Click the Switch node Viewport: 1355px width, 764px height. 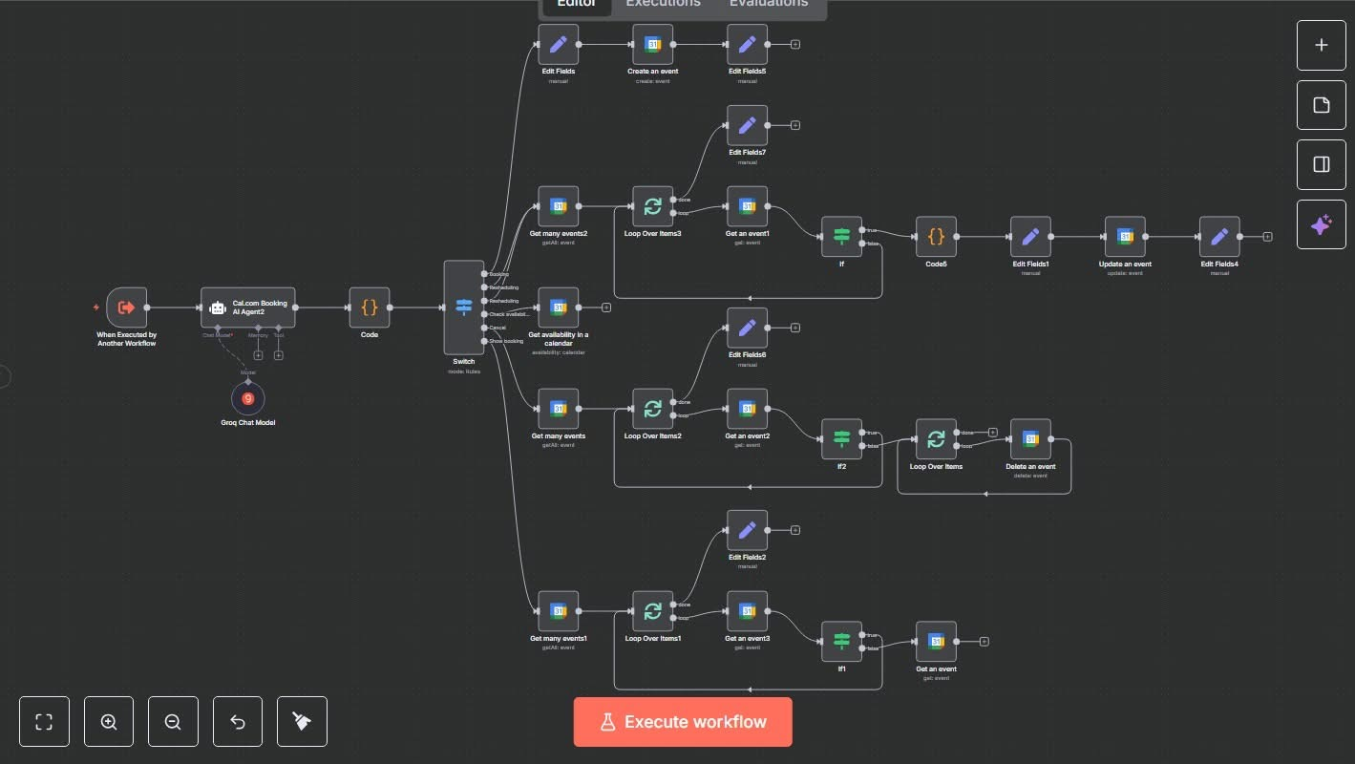464,308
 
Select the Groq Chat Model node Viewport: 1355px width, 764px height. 248,398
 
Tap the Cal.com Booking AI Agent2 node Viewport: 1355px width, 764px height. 248,308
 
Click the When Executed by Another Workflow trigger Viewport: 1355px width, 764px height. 127,308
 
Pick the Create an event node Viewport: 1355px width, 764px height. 652,44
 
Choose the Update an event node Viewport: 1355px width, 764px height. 1125,236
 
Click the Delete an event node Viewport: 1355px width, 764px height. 1030,438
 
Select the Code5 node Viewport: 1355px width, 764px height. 936,236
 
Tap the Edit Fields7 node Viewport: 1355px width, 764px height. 747,125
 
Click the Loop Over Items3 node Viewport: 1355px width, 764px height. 652,206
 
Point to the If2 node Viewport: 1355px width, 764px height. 841,438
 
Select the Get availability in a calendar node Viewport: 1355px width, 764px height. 558,308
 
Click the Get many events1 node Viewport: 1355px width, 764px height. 558,611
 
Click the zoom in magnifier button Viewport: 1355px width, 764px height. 109,721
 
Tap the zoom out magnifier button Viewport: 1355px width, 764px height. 173,721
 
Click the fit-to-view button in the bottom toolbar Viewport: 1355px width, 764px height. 44,721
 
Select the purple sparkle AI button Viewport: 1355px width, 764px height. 1321,224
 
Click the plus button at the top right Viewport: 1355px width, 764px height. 1321,45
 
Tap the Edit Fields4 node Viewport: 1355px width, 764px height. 1219,236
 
